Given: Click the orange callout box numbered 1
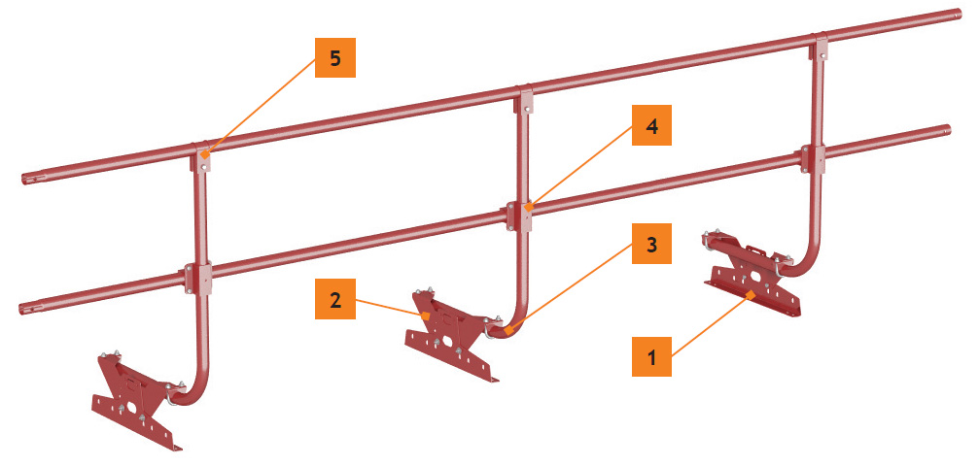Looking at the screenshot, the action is [x=651, y=357].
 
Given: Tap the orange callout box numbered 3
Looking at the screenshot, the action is [x=651, y=244].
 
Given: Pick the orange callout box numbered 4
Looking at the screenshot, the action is [x=651, y=125].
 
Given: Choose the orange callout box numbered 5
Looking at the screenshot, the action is [x=335, y=57].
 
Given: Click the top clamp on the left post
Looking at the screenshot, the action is [x=201, y=158].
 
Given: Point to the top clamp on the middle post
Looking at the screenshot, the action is [x=525, y=100].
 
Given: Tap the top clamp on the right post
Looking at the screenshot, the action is [x=820, y=47].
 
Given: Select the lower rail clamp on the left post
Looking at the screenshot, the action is [x=199, y=279].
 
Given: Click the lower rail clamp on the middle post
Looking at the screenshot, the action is [x=519, y=216].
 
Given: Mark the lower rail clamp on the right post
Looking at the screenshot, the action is [x=813, y=158].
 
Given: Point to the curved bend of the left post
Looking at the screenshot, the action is [x=192, y=392].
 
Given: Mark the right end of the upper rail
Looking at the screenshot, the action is [x=956, y=15].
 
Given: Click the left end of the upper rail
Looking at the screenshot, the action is [x=26, y=180].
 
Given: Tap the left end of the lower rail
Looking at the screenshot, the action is [x=25, y=308].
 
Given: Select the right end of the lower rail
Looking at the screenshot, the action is [x=945, y=131].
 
